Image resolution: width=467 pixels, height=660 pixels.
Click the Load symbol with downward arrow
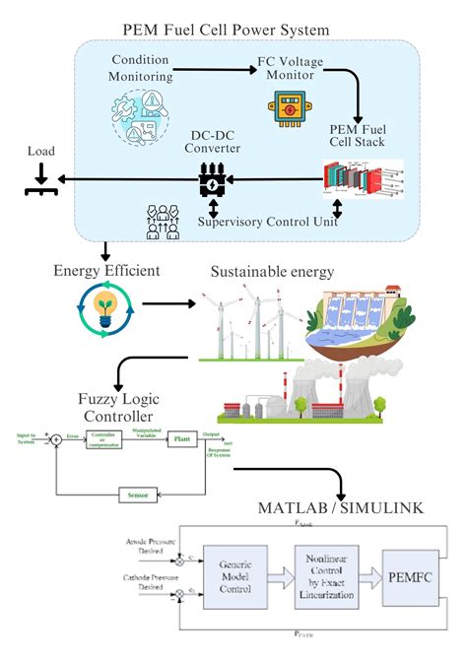pos(38,179)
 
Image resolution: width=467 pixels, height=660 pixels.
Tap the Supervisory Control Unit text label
pos(267,222)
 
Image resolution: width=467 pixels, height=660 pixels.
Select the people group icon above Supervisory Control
pos(161,222)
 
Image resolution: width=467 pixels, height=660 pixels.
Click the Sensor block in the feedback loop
pos(136,493)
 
